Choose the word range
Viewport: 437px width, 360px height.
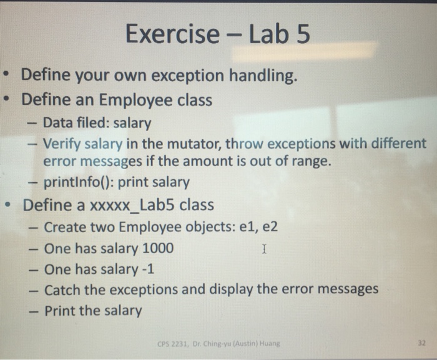click(x=309, y=162)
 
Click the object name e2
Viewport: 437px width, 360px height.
click(x=268, y=226)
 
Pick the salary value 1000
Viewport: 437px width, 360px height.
click(x=158, y=248)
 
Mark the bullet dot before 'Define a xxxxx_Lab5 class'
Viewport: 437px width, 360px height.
click(x=8, y=205)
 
